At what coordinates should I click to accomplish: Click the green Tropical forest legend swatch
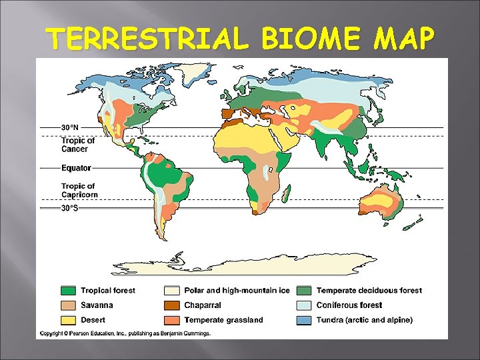[67, 291]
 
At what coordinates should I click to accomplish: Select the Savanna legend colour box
[67, 305]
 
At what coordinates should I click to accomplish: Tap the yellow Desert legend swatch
[67, 320]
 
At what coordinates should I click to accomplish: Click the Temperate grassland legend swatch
[171, 320]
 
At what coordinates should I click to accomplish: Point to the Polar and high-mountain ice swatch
[171, 291]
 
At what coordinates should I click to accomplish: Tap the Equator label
[76, 168]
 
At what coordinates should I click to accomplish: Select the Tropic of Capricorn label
[79, 191]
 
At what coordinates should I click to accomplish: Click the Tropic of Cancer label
[77, 145]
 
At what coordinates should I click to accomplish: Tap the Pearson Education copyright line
[125, 333]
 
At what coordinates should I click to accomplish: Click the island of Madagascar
[286, 194]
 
